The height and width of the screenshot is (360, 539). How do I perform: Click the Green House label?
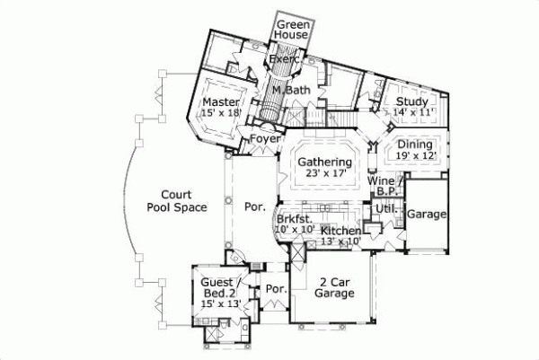tap(292, 29)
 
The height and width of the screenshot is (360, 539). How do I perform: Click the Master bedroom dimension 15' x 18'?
tap(221, 112)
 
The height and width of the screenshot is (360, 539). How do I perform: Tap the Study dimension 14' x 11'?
tap(414, 112)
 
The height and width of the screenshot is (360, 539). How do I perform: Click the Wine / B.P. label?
tap(385, 186)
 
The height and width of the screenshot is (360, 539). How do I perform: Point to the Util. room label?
tap(385, 208)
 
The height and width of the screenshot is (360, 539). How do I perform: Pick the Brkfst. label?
tap(294, 218)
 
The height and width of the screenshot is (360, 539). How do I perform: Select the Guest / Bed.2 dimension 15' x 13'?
tap(220, 304)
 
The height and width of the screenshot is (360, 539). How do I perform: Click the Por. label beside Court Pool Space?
tap(255, 206)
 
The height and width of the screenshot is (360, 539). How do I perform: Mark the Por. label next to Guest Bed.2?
tap(275, 290)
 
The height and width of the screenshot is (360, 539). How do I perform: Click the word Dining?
tap(415, 145)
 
